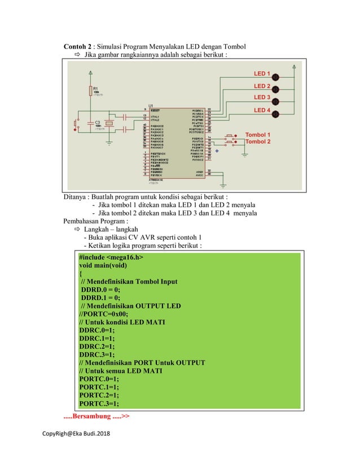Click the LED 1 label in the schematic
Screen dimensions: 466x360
(262, 74)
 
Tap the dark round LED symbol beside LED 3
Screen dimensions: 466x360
(275, 102)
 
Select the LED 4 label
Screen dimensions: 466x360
(262, 110)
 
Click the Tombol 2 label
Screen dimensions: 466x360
(257, 142)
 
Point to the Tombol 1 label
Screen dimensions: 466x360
(257, 135)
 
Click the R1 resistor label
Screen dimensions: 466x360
(95, 89)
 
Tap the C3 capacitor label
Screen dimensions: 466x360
(98, 122)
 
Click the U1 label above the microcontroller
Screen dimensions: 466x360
(150, 105)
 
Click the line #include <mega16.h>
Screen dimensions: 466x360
(111, 257)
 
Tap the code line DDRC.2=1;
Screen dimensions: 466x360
(96, 346)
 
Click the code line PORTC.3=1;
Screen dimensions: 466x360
(99, 403)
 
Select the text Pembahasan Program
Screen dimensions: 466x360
(91, 222)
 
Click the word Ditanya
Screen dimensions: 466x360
(75, 197)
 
